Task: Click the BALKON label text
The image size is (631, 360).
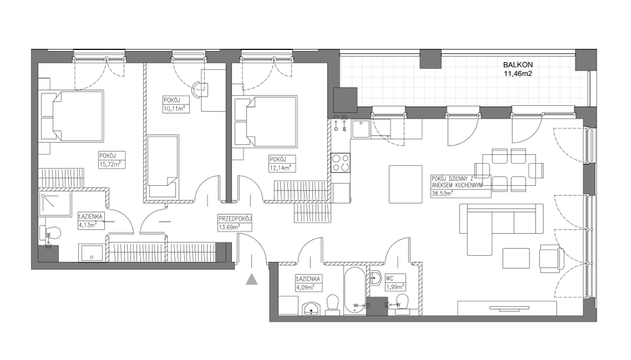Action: click(518, 64)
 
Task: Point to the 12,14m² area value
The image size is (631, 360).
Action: click(280, 168)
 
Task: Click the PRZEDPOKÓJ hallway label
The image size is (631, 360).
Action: click(235, 219)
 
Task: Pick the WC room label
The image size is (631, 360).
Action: click(390, 278)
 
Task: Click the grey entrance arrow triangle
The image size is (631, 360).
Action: click(251, 279)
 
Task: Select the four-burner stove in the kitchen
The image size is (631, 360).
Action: click(340, 163)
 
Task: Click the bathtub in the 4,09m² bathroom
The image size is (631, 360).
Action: click(355, 290)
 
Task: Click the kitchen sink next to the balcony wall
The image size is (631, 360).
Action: click(361, 129)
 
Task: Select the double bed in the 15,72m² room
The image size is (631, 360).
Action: click(73, 116)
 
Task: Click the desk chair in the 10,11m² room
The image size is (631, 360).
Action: click(197, 90)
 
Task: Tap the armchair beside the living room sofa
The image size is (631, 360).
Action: click(552, 258)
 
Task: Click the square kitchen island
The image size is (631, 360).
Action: click(405, 184)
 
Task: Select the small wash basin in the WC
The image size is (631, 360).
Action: click(376, 277)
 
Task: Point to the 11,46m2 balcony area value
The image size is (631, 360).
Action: click(518, 73)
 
